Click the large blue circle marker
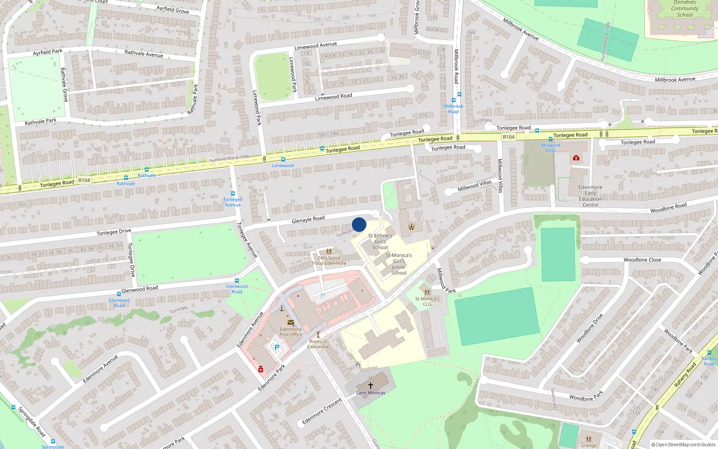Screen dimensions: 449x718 [x=359, y=224]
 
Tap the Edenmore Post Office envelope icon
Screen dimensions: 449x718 [x=291, y=322]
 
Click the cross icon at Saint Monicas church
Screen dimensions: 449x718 [x=371, y=385]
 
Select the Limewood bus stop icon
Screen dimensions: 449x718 [x=283, y=159]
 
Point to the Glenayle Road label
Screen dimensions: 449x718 [x=308, y=219]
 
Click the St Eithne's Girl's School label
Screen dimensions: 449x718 [x=380, y=241]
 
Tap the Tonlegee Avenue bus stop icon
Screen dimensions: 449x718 [x=232, y=194]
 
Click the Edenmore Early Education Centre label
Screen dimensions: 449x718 [x=590, y=196]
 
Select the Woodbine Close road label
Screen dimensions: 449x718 [x=642, y=260]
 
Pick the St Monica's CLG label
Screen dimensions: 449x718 [x=427, y=301]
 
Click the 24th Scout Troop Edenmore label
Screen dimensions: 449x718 [x=329, y=260]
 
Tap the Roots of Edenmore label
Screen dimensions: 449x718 [x=318, y=344]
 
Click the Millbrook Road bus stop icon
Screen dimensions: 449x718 [x=453, y=100]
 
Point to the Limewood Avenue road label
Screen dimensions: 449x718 [x=315, y=46]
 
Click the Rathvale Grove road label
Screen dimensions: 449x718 [x=64, y=84]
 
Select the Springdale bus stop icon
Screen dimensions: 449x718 [x=53, y=441]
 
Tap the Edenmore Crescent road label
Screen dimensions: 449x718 [x=322, y=411]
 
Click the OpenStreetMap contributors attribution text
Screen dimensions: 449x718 [x=683, y=445]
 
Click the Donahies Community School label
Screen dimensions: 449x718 [x=685, y=9]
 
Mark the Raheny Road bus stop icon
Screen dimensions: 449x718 [x=709, y=352]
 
